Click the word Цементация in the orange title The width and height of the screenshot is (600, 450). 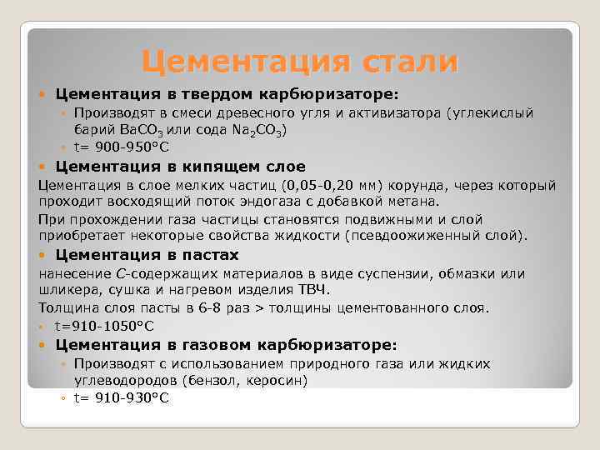tap(246, 62)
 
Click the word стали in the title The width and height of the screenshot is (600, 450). tap(410, 62)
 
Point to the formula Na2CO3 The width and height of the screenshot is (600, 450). tap(257, 131)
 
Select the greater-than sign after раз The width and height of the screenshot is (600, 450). tap(259, 308)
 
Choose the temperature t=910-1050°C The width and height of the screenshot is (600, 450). tap(104, 326)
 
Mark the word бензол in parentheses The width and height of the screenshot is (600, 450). tap(213, 380)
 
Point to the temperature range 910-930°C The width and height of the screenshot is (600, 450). tap(132, 398)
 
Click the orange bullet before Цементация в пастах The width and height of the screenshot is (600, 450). tap(42, 255)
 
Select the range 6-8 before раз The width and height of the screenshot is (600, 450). tap(209, 308)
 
